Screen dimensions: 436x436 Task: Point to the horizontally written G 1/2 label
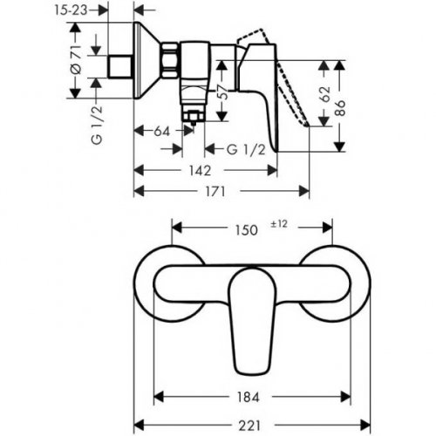click(244, 150)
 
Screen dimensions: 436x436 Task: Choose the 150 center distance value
click(247, 230)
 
